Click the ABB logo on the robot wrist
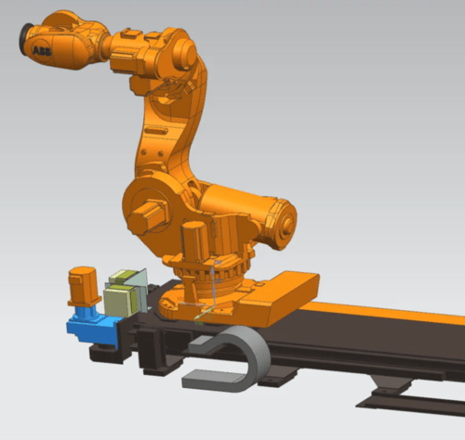[x=42, y=50]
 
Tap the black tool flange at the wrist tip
[x=25, y=39]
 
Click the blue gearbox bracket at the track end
[x=92, y=327]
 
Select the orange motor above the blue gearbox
[x=84, y=286]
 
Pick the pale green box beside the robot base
[x=120, y=301]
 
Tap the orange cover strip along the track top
[x=383, y=312]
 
